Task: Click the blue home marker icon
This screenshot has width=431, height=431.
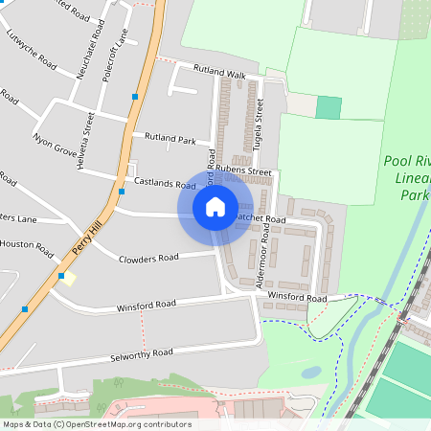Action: click(215, 206)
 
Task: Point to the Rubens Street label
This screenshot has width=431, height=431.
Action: click(243, 170)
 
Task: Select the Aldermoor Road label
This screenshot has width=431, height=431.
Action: click(256, 252)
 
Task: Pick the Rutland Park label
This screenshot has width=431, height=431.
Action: click(169, 138)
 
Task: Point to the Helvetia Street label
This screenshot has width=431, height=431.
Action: click(86, 140)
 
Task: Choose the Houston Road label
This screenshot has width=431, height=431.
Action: click(26, 245)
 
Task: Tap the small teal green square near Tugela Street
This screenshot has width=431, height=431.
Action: click(329, 108)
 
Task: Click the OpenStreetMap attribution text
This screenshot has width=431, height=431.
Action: click(96, 424)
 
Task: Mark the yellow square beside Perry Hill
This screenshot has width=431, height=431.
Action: click(69, 279)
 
